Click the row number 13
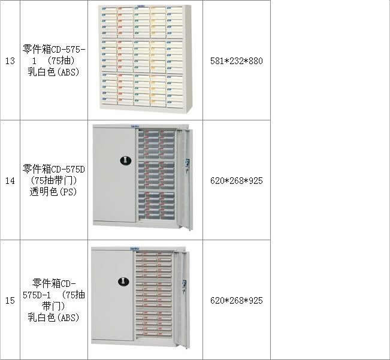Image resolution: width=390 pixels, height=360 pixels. pyautogui.click(x=10, y=61)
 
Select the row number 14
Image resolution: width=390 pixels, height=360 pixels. pyautogui.click(x=10, y=181)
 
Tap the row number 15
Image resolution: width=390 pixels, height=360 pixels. pyautogui.click(x=10, y=301)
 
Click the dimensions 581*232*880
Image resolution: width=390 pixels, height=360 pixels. pyautogui.click(x=236, y=61)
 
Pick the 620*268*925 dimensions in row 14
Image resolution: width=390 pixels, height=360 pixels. pyautogui.click(x=236, y=181)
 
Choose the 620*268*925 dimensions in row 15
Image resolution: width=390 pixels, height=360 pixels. pyautogui.click(x=236, y=301)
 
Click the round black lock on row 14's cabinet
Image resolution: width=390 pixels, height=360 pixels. pyautogui.click(x=126, y=161)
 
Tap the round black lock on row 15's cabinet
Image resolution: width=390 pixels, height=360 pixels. pyautogui.click(x=123, y=282)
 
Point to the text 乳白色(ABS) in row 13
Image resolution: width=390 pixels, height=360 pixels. pyautogui.click(x=53, y=72)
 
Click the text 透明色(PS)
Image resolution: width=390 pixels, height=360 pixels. pyautogui.click(x=53, y=192)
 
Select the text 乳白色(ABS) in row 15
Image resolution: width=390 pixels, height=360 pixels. pyautogui.click(x=53, y=317)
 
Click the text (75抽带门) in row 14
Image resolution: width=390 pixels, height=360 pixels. pyautogui.click(x=53, y=180)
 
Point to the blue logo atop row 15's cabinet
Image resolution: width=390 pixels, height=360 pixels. pyautogui.click(x=135, y=249)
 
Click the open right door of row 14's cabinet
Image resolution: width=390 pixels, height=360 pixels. pyautogui.click(x=185, y=179)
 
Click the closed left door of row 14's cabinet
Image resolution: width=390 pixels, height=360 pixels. pyautogui.click(x=114, y=175)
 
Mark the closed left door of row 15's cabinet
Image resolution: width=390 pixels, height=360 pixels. pyautogui.click(x=113, y=296)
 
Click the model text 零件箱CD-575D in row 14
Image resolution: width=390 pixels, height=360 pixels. pyautogui.click(x=54, y=170)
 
